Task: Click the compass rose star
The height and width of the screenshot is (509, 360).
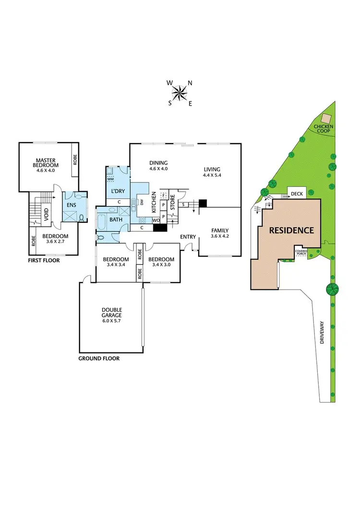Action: pos(180,93)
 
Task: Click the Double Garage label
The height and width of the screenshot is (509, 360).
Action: pos(111,313)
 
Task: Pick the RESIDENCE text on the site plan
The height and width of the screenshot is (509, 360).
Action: pos(291,230)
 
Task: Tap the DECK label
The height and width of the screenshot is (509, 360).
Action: pos(297,194)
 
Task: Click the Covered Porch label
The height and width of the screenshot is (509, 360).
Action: pos(301,253)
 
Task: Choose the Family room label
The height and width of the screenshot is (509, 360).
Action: pos(220,230)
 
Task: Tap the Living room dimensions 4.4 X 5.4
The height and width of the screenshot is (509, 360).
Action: pos(212,176)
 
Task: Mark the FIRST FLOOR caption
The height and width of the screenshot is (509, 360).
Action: pos(44,260)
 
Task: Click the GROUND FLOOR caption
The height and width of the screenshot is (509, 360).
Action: pos(99,358)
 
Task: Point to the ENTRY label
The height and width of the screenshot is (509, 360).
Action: pos(188,237)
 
